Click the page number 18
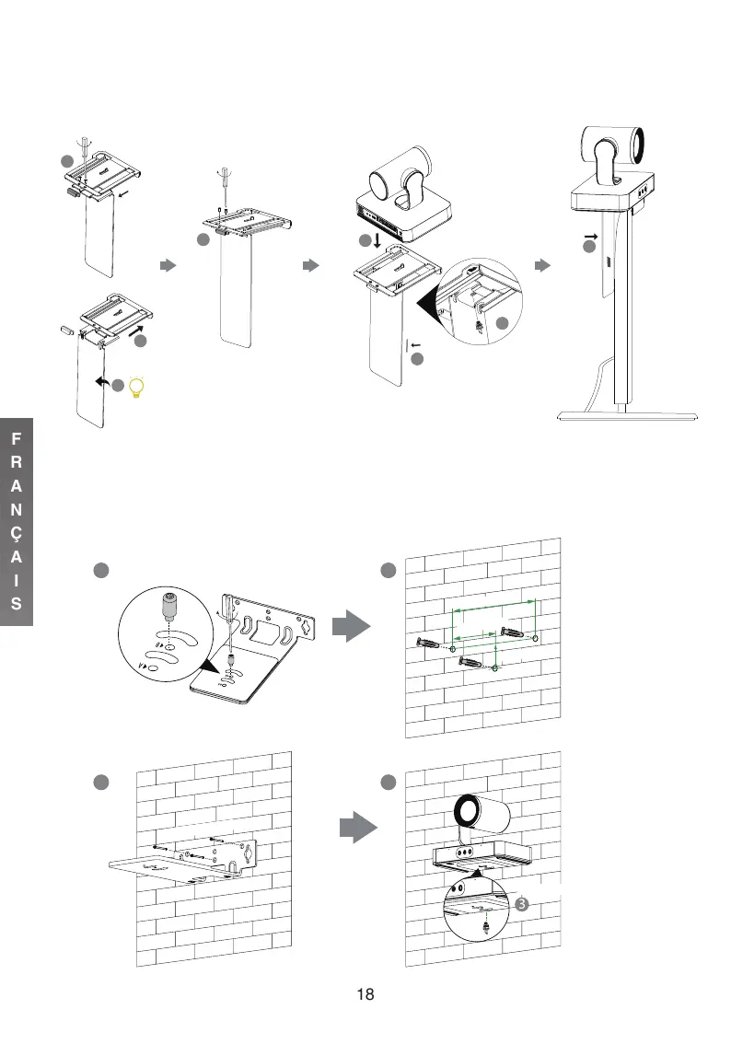point(365,994)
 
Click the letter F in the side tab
point(17,440)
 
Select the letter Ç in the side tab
point(17,535)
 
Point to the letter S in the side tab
point(17,605)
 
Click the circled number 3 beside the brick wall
point(522,904)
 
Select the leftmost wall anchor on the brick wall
point(431,643)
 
